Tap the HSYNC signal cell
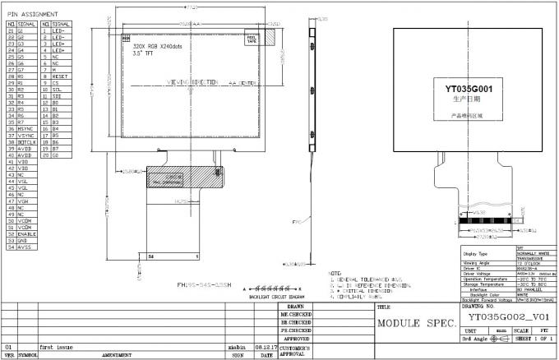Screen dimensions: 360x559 [25, 129]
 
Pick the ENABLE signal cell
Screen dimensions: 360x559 [26, 233]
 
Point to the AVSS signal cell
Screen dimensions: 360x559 [25, 247]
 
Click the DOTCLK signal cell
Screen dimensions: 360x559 [26, 142]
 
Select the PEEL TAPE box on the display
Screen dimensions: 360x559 [252, 38]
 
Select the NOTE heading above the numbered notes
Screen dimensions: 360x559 [334, 273]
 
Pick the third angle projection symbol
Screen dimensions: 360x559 [497, 339]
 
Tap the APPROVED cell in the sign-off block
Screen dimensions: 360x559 [296, 338]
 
